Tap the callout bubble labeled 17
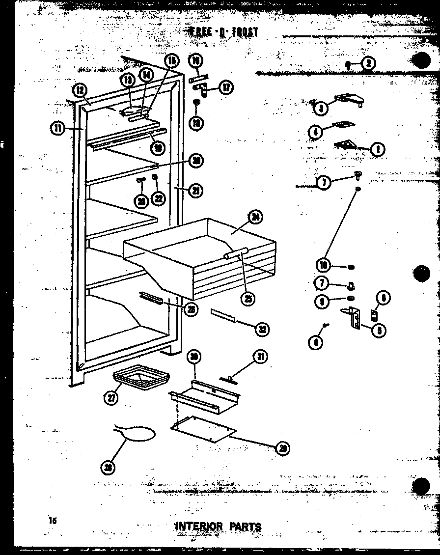pos(225,87)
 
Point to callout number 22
pos(158,198)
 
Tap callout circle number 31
pos(260,357)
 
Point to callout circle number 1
pos(377,149)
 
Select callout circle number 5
pos(378,330)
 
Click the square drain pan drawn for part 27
pos(141,379)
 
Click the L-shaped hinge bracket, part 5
pos(353,317)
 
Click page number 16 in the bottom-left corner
pos(53,520)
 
